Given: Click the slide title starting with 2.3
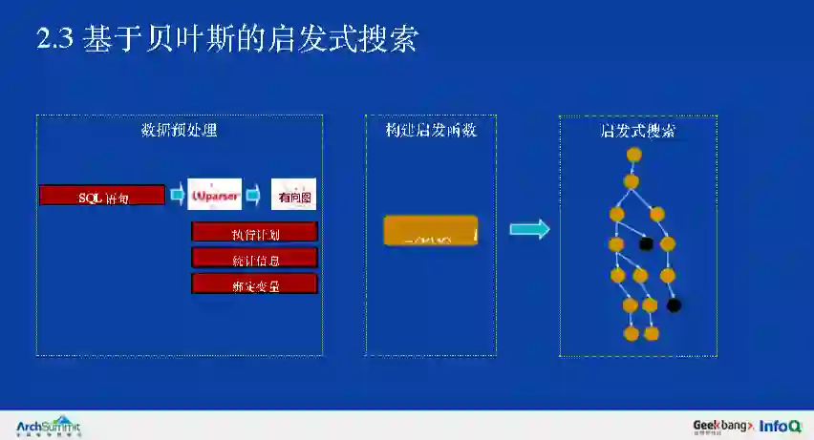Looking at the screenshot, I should [x=226, y=41].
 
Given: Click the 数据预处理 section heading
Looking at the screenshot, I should [x=180, y=131].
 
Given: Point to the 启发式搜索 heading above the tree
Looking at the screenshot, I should [x=637, y=131].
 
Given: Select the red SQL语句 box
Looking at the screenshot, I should [x=103, y=196].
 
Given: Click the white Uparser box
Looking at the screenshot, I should [x=215, y=196].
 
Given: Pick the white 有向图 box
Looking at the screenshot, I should [x=293, y=197].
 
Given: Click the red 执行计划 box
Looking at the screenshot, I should [x=254, y=233].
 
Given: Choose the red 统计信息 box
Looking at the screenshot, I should [x=254, y=258].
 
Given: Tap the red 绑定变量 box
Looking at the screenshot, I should [x=254, y=283].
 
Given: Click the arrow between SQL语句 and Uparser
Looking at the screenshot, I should [x=177, y=196].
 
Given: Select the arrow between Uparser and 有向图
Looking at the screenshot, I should [x=253, y=196].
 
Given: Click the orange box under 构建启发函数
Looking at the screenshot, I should [x=430, y=231].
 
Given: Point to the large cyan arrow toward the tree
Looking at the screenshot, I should [x=529, y=229].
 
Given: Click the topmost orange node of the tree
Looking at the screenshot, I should [x=634, y=155].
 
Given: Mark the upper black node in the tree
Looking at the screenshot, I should [x=646, y=243].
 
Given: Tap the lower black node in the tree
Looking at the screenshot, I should [x=674, y=305].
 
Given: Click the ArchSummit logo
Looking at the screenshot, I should [x=50, y=426].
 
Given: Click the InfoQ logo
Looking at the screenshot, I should [x=781, y=426].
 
